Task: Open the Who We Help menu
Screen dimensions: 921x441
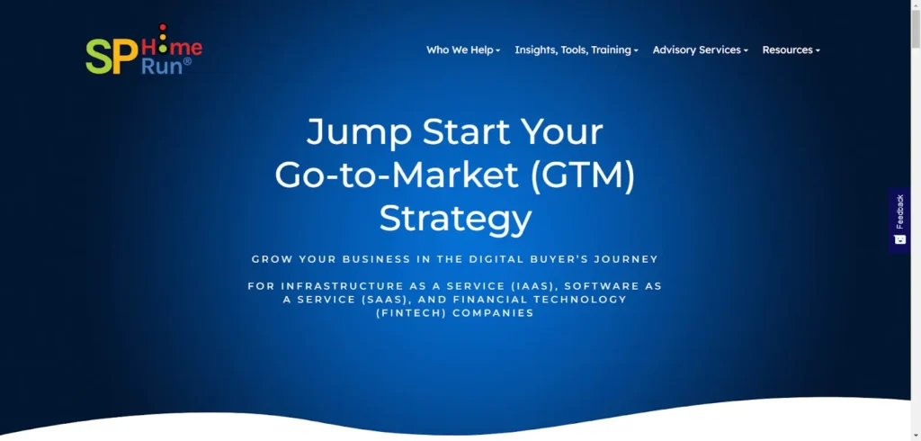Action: coord(463,50)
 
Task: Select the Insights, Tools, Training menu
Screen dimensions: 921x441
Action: coord(577,50)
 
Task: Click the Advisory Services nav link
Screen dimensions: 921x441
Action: coord(700,50)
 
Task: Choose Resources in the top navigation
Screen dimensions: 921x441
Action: coord(791,50)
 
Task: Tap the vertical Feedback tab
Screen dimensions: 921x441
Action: coord(899,220)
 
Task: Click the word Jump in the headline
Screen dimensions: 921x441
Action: coord(359,131)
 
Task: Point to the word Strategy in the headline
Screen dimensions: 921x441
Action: coord(455,219)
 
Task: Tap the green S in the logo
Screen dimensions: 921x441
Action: coord(99,57)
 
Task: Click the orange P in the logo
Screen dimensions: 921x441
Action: coord(125,57)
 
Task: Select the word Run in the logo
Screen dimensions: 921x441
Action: coord(163,67)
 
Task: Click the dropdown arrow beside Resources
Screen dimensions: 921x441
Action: coord(818,51)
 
